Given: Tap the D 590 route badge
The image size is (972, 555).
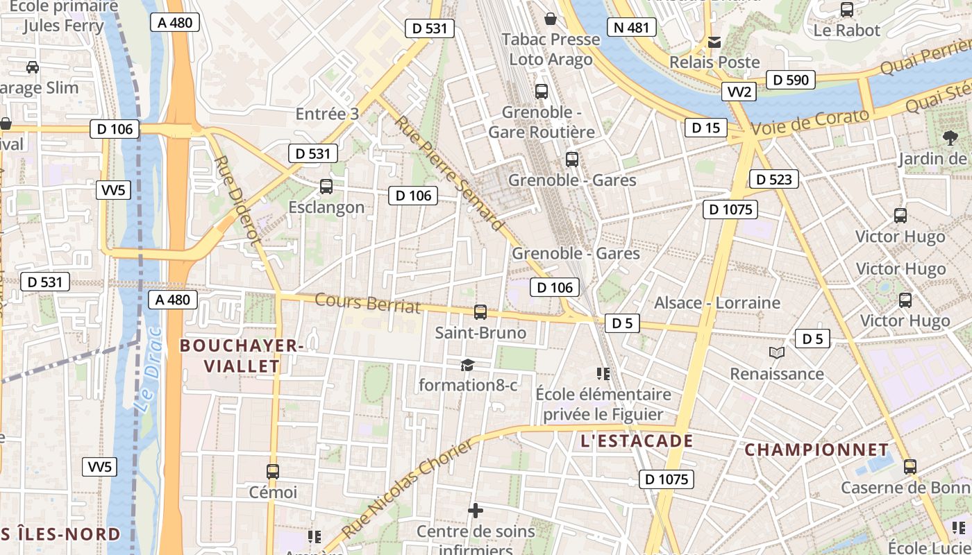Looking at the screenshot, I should click(791, 80).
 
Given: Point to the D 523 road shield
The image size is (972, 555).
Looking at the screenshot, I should click(774, 180).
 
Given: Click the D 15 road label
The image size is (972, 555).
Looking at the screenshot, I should click(706, 127).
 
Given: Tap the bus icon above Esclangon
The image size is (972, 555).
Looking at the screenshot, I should click(326, 186).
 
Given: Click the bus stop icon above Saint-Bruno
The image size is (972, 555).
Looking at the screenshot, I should click(480, 312).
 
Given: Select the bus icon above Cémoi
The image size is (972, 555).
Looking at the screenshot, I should click(273, 472).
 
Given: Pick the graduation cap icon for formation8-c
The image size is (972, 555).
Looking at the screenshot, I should click(467, 365).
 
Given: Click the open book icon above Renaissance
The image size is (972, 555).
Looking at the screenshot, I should click(777, 353).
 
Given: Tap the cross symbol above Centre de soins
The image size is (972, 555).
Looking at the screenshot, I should click(476, 511).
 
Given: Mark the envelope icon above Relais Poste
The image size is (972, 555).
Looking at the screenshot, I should click(714, 42).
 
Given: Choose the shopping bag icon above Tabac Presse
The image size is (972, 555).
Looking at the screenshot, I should click(551, 19).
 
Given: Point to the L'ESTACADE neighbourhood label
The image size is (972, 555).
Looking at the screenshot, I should click(637, 441).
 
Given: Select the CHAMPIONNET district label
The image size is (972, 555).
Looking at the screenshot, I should click(816, 450).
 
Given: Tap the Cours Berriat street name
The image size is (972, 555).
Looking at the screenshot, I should click(368, 303).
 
